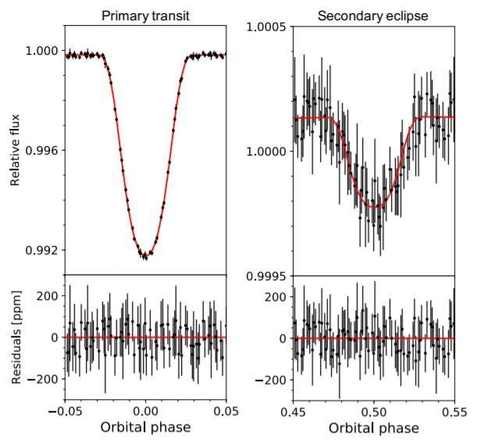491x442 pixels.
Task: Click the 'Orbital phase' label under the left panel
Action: [145, 427]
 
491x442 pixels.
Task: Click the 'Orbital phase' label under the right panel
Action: [373, 428]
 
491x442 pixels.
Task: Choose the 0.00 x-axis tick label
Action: [145, 410]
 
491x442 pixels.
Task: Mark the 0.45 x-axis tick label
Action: [293, 410]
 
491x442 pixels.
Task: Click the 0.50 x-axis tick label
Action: [373, 410]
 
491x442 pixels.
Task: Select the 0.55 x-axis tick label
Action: [454, 410]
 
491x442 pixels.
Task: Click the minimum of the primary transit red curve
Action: [145, 255]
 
